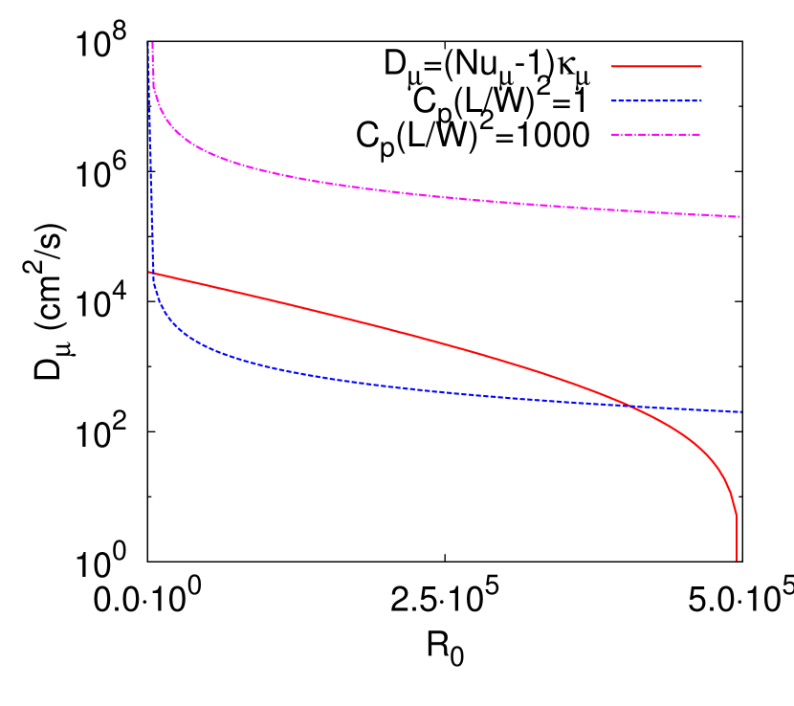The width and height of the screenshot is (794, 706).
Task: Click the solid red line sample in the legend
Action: click(656, 66)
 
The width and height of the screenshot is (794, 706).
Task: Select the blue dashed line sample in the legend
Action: click(656, 100)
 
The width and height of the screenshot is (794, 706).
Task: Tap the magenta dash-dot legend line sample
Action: click(656, 134)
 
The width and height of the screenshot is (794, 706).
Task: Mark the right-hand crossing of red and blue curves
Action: click(629, 406)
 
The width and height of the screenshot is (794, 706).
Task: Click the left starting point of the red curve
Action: click(150, 273)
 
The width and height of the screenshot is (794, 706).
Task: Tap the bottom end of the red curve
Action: click(737, 559)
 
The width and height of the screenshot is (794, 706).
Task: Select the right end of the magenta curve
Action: click(739, 217)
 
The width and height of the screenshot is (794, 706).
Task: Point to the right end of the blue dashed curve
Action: click(740, 412)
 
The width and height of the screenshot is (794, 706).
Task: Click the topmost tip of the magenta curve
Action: click(152, 43)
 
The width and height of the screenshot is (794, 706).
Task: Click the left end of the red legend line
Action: click(612, 66)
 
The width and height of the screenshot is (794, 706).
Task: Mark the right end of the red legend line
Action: click(701, 66)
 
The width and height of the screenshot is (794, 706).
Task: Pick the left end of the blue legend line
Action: click(612, 100)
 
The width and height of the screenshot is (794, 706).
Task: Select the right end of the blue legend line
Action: click(701, 100)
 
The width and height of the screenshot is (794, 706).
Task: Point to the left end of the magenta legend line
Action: click(612, 134)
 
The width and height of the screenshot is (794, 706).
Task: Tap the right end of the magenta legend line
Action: click(701, 134)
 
